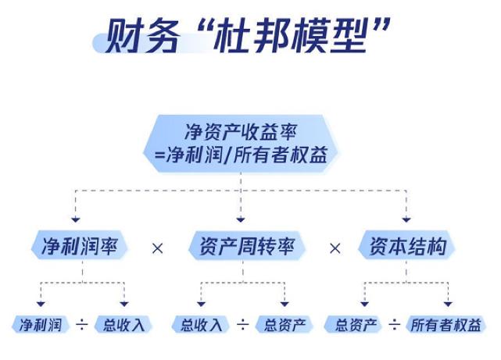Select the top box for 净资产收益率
point(242,141)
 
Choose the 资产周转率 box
point(242,247)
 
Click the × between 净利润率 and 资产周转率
point(158,248)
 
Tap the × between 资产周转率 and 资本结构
point(335,248)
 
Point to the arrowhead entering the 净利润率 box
point(76,219)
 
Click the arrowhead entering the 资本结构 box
point(406,219)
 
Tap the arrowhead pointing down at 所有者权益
point(448,302)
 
